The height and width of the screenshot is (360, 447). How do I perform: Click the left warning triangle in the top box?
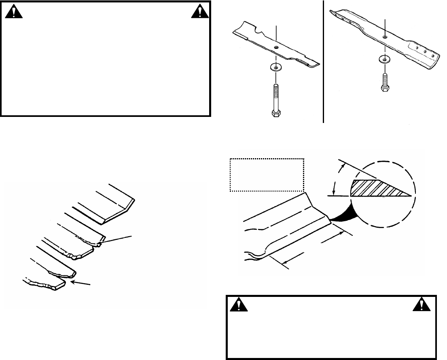(14, 13)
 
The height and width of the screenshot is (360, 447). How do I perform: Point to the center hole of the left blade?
(275, 47)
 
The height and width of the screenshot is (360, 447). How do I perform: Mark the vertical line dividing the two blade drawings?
(324, 61)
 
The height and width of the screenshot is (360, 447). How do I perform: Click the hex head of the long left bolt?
(276, 114)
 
